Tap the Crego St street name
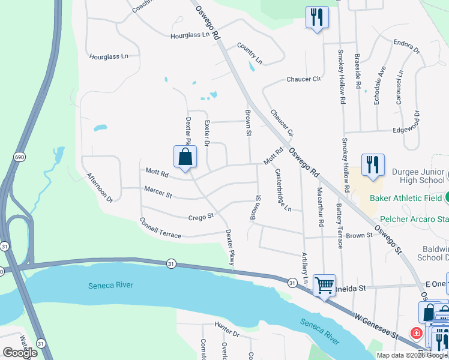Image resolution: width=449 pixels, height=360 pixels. [x=201, y=217]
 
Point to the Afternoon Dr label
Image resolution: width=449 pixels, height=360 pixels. [x=100, y=187]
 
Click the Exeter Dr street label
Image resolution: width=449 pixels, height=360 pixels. [x=207, y=133]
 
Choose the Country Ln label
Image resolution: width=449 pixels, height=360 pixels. [x=250, y=53]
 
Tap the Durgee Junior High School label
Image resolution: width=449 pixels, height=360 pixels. [x=418, y=176]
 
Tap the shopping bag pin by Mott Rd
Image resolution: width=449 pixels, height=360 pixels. [x=185, y=158]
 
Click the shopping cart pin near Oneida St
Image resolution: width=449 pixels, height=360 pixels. [x=324, y=286]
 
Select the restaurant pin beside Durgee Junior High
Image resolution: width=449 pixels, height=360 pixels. [x=373, y=164]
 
